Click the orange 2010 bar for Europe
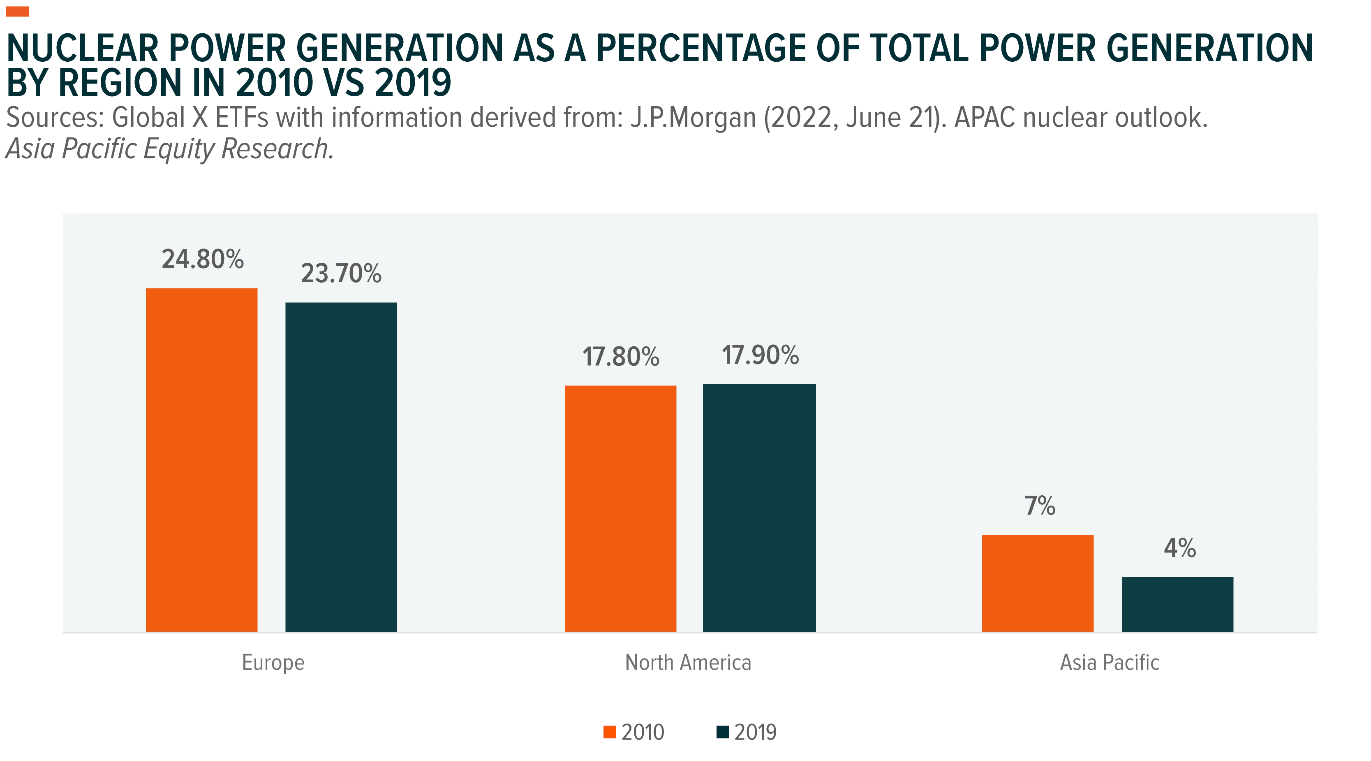(202, 460)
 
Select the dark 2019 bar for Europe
(341, 467)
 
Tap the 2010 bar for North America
(621, 508)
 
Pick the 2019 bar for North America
(759, 508)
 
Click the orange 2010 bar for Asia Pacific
(1038, 583)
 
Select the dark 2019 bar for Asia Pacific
(1178, 604)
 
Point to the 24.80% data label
(203, 259)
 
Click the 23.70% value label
(341, 273)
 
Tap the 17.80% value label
(621, 356)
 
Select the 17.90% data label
(761, 355)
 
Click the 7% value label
(1040, 506)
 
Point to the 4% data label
(1180, 548)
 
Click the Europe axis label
(273, 662)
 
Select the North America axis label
(688, 662)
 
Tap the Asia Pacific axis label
(1110, 662)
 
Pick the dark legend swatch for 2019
(723, 732)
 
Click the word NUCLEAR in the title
(83, 49)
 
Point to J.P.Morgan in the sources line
(694, 118)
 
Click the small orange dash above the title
(18, 12)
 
